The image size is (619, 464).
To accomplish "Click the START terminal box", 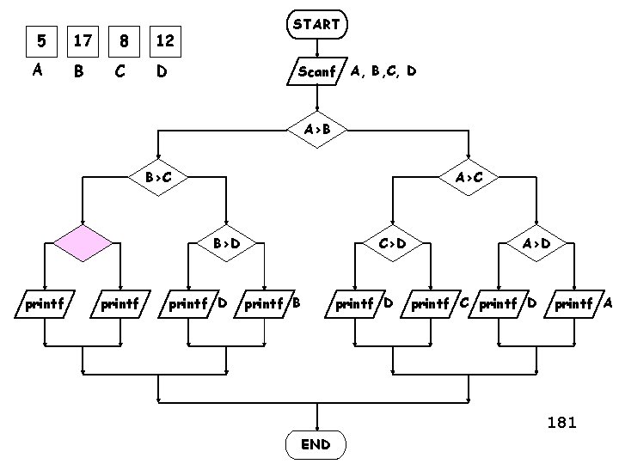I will (x=316, y=25).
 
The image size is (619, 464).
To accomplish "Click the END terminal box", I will (x=316, y=444).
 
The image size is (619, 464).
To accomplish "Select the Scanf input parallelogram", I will (x=316, y=72).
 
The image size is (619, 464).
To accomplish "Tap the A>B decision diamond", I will (x=316, y=130).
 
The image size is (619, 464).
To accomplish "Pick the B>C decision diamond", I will (x=157, y=178).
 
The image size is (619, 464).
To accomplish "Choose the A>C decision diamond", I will (x=469, y=178).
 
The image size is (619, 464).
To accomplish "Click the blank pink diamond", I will (x=83, y=243).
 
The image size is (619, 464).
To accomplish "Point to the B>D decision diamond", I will (x=226, y=243).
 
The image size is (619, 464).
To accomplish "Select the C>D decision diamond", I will (x=392, y=243).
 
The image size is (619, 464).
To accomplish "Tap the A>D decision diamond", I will (x=536, y=243).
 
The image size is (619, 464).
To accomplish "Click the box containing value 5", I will (x=38, y=40).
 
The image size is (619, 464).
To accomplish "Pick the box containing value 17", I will (x=82, y=40).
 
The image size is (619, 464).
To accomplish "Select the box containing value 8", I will (x=124, y=40).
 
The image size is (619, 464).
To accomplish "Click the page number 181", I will (x=561, y=422).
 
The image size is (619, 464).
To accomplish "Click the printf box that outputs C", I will (x=431, y=303).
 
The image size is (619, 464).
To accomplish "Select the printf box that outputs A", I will (x=574, y=303).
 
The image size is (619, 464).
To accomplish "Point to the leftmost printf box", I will (x=44, y=303).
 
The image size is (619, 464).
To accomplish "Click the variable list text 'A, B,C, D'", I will (x=383, y=71).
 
